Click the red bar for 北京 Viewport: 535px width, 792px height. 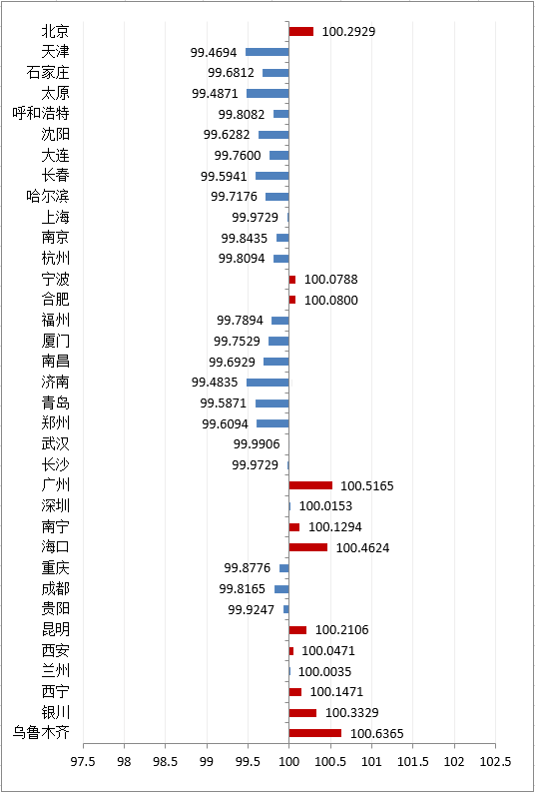301,31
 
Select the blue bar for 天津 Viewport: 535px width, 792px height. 267,52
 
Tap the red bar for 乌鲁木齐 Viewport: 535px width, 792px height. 315,733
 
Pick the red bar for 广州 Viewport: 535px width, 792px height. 310,485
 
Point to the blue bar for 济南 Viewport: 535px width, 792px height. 267,383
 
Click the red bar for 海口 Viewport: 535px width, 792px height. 308,547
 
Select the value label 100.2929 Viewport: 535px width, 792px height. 348,31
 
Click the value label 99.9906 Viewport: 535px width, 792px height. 257,444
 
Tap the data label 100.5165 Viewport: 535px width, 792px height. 367,486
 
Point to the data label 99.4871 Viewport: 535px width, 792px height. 215,94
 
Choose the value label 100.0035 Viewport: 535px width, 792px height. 325,672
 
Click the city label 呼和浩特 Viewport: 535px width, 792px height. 41,114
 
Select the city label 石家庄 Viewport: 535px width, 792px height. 48,73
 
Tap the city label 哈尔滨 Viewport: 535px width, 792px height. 48,196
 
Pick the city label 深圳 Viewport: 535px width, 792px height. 56,505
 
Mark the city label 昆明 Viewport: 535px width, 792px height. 56,630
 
